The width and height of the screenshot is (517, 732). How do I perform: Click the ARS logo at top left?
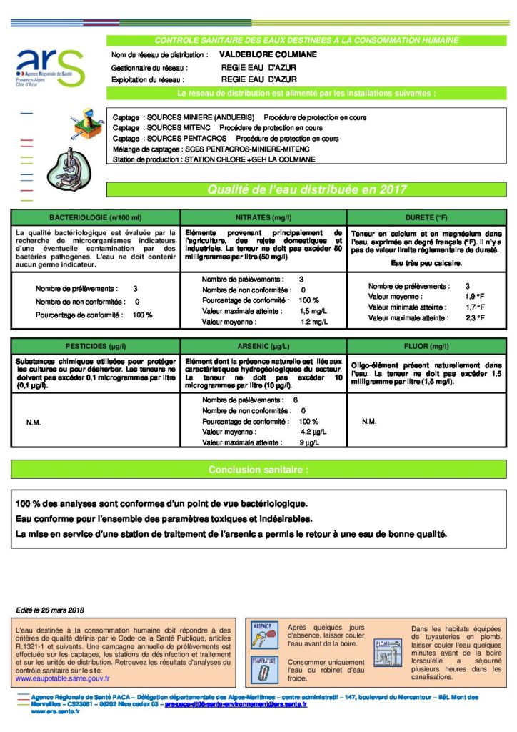coord(49,67)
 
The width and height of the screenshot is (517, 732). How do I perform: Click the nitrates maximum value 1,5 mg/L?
coord(313,312)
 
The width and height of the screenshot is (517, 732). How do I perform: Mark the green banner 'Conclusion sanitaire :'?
coord(258,470)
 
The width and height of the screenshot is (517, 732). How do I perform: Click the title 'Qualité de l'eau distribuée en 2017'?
coord(307,189)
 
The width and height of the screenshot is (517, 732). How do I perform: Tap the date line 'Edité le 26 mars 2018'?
coord(50,610)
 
